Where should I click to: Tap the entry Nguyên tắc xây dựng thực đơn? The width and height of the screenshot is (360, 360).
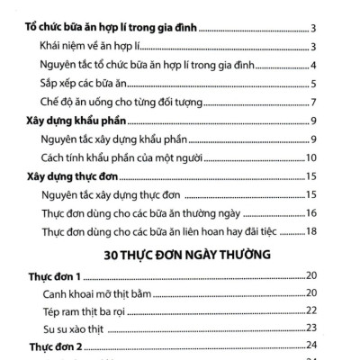tap(112, 194)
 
